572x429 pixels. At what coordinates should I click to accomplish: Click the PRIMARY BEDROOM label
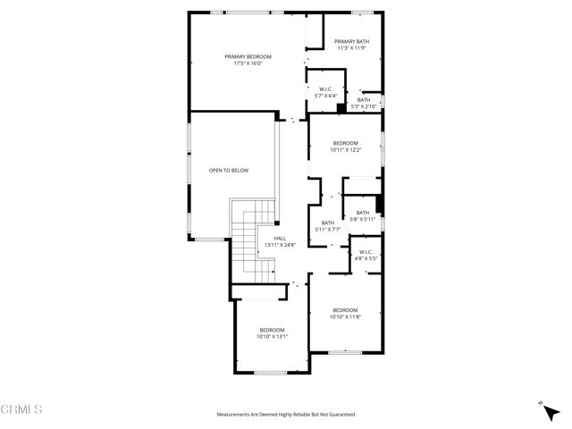click(x=248, y=56)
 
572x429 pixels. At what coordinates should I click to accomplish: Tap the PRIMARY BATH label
click(x=351, y=42)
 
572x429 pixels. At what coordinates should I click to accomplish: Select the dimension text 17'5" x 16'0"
click(x=248, y=63)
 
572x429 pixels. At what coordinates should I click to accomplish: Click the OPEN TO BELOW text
click(x=229, y=170)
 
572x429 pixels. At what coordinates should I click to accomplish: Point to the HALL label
click(x=280, y=239)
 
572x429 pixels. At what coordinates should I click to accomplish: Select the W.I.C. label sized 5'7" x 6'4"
click(x=326, y=88)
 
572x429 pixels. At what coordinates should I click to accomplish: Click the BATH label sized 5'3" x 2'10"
click(x=364, y=100)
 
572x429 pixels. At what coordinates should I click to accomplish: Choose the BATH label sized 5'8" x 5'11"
click(x=362, y=213)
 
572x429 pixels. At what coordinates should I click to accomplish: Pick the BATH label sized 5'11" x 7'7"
click(x=328, y=223)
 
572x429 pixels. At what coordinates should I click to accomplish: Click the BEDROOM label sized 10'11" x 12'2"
click(x=346, y=143)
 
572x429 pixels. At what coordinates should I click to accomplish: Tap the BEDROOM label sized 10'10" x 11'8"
click(x=344, y=309)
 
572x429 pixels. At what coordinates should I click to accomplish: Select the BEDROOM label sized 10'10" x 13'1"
click(x=272, y=330)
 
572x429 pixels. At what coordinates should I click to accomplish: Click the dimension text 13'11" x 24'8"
click(x=280, y=246)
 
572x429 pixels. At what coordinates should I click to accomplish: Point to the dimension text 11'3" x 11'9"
click(x=351, y=49)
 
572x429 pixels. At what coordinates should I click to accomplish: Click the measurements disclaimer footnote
click(x=286, y=415)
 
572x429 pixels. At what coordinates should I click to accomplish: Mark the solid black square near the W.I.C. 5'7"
click(x=341, y=108)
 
